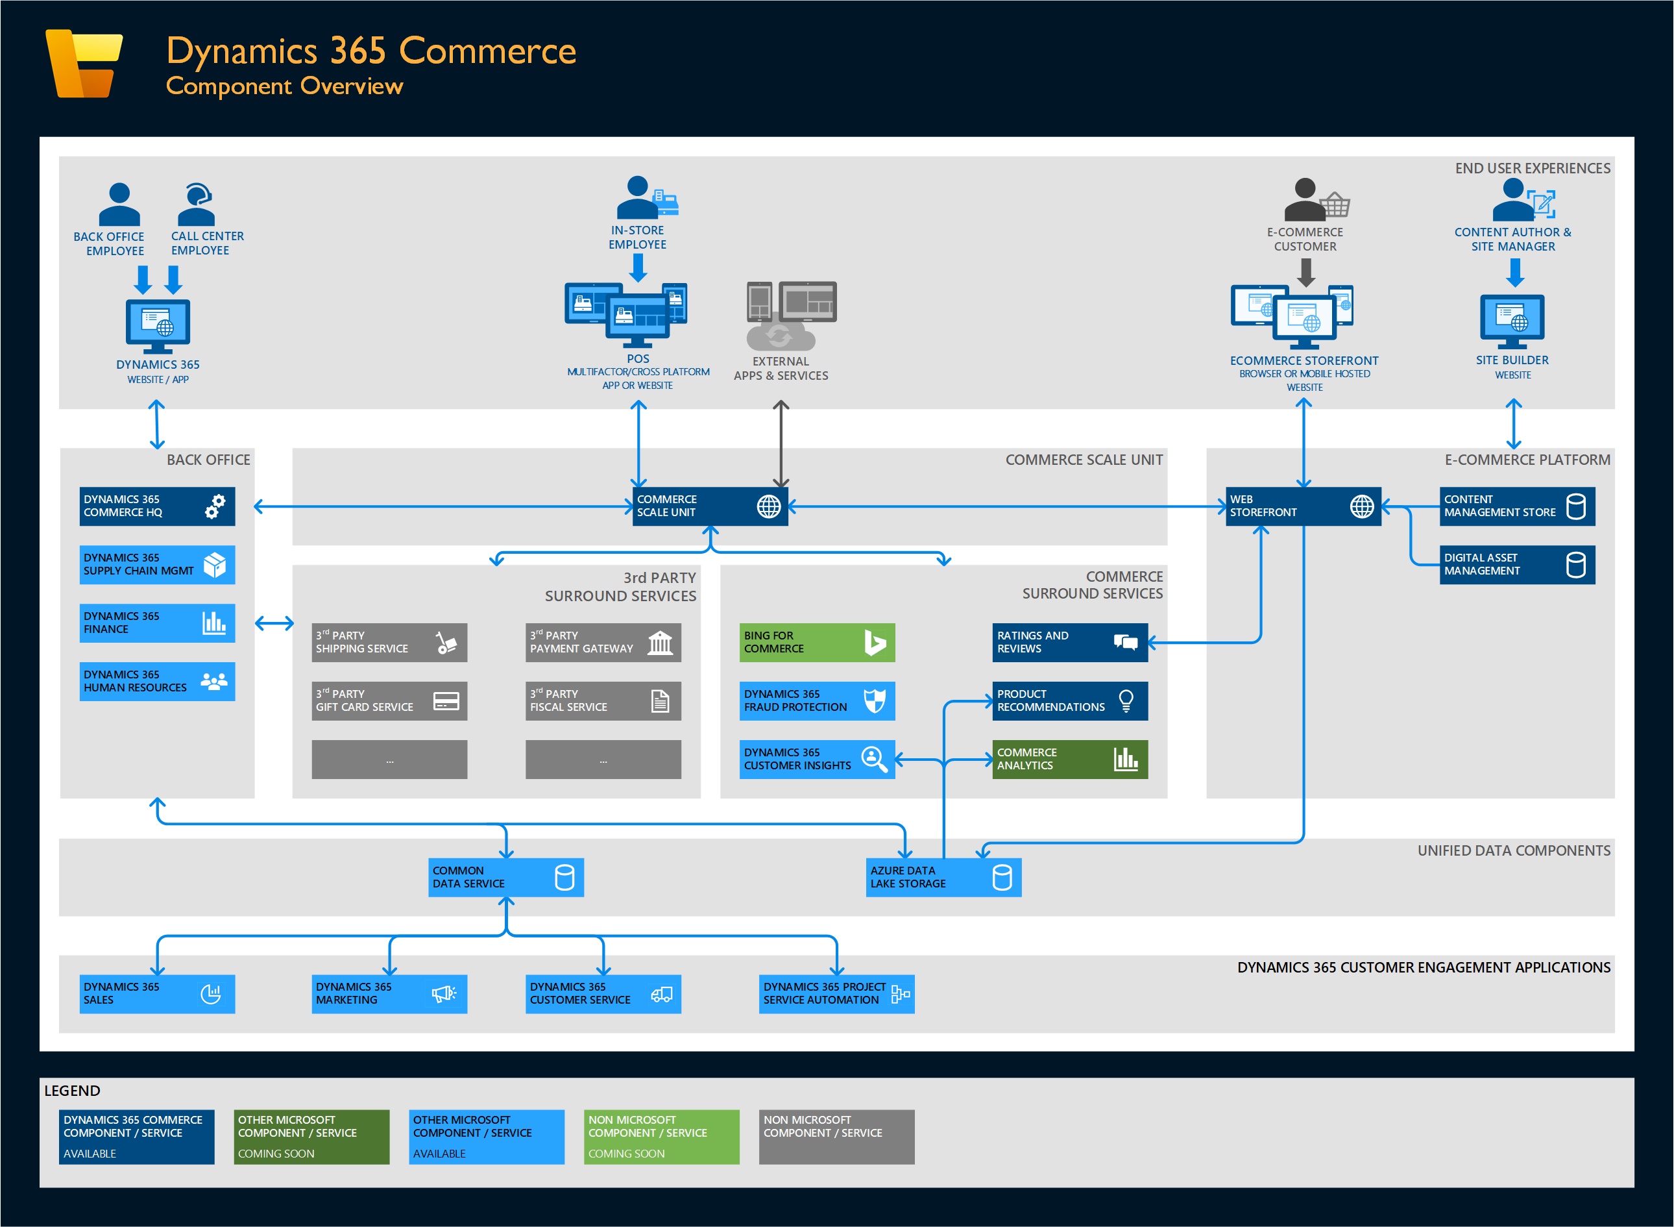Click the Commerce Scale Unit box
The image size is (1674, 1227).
tap(710, 506)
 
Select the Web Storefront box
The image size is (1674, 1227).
tap(1303, 506)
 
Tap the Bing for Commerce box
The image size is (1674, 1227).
tap(817, 643)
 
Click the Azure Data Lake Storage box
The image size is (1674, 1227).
tap(943, 877)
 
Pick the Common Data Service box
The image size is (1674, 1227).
tap(505, 877)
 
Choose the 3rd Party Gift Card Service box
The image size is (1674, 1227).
tap(389, 701)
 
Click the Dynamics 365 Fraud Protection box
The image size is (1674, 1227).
tap(817, 701)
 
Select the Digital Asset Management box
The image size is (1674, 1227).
tap(1516, 564)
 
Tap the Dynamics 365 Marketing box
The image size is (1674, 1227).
tap(389, 994)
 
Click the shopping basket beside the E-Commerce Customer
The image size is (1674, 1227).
tap(1335, 203)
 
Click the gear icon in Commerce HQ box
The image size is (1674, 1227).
tap(215, 506)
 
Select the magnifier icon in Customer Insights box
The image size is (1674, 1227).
tap(875, 759)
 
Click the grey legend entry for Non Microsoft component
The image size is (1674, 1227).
tap(836, 1136)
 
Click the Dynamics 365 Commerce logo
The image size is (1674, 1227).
tap(84, 64)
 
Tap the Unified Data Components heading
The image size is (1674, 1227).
tap(1514, 850)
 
